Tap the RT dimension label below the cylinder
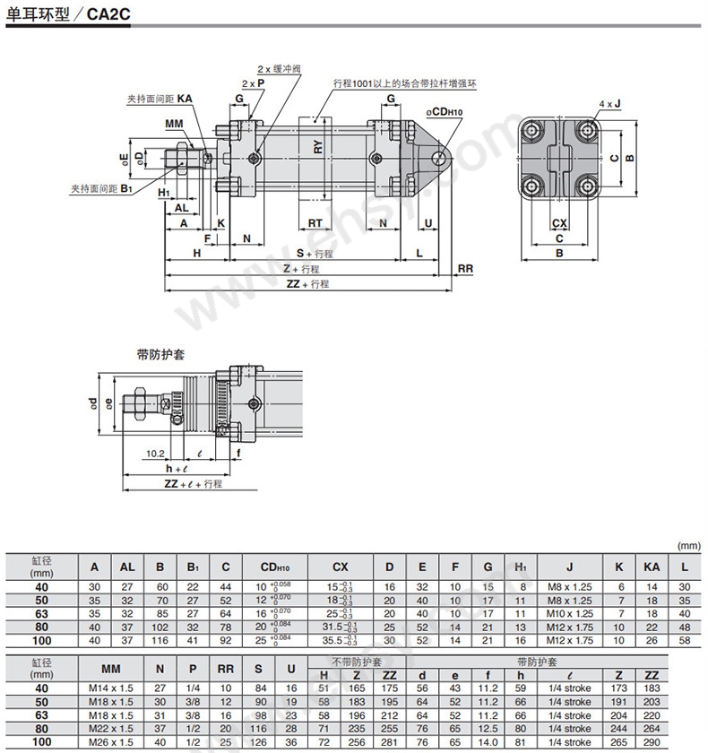315,222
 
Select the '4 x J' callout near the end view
609,104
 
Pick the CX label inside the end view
559,222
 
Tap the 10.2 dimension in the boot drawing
154,454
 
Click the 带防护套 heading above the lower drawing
160,355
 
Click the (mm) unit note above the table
687,543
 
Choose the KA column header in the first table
652,567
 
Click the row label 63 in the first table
41,613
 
